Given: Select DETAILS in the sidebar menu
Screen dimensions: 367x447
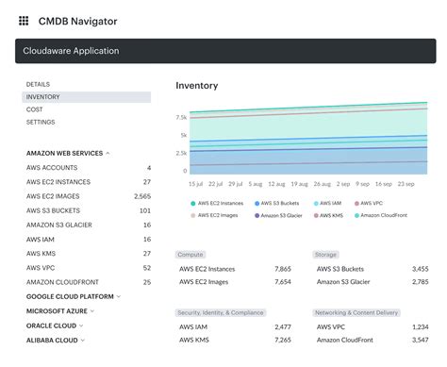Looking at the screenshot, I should pos(38,84).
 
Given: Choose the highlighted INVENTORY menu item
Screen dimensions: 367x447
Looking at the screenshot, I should pos(43,96).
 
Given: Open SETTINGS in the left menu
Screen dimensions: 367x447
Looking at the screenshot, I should pos(41,122).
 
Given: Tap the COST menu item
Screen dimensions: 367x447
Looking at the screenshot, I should pos(34,109).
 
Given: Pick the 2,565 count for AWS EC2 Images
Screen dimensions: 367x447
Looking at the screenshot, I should pos(141,196).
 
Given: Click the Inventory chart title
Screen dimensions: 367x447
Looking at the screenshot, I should pos(196,86).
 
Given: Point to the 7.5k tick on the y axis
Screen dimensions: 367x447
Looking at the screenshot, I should pos(180,118).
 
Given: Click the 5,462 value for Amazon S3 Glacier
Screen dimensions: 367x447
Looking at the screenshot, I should pos(415,281).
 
